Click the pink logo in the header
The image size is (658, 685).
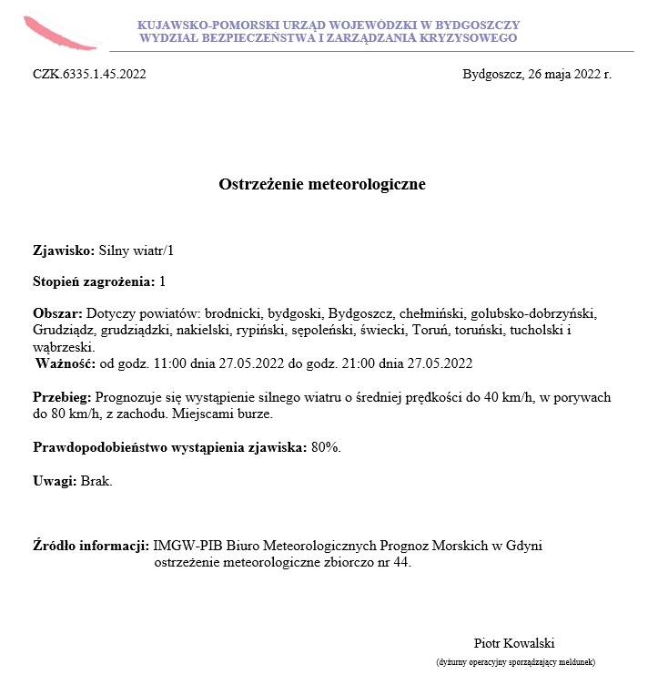[58, 33]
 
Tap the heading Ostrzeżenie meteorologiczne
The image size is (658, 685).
[322, 185]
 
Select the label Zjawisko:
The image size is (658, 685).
[64, 250]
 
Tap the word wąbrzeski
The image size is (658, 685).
[63, 347]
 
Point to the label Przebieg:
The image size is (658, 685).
[62, 397]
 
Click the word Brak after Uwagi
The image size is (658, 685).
[96, 480]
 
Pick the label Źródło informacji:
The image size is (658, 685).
[91, 546]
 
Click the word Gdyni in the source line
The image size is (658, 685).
[522, 546]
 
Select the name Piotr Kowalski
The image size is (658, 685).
[514, 642]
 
